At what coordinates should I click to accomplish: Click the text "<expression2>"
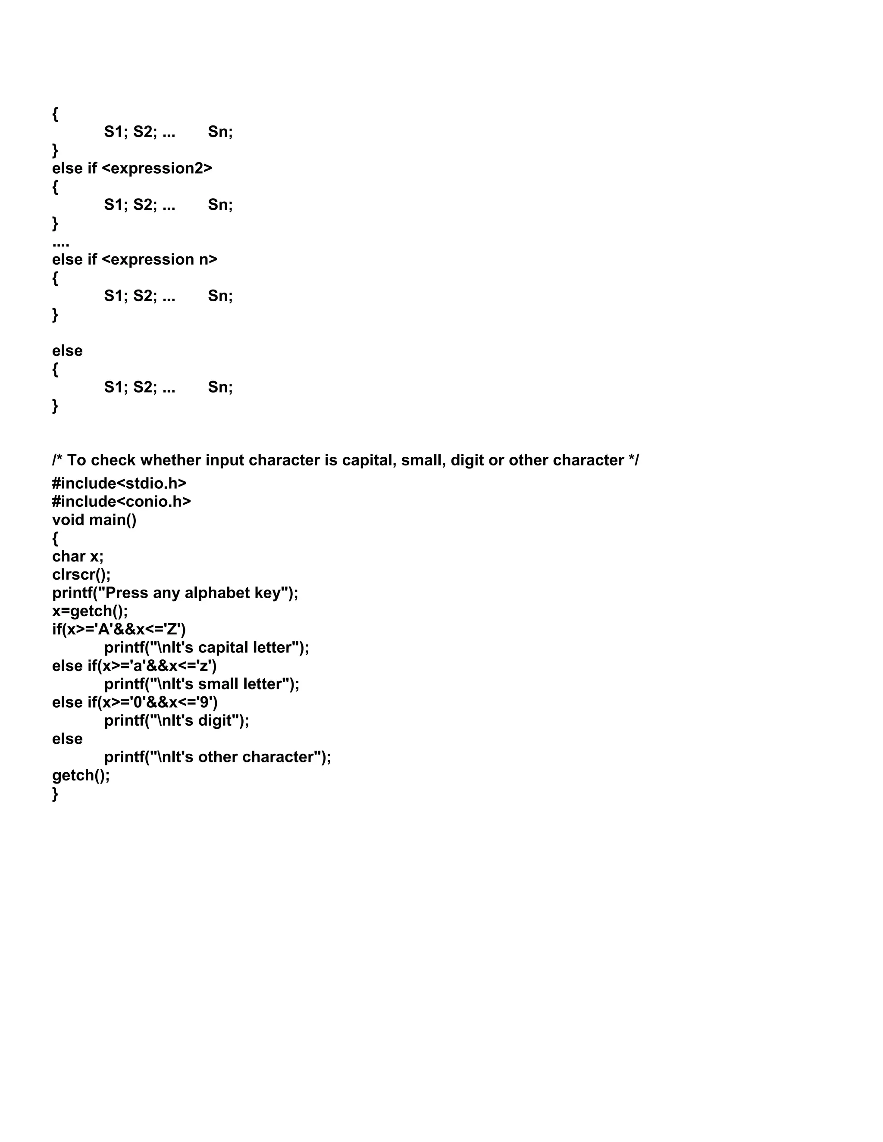(x=157, y=168)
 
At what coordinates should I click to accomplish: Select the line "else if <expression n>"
(x=135, y=259)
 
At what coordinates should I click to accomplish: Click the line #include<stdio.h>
(x=119, y=483)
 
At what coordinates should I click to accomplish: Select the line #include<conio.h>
(x=121, y=502)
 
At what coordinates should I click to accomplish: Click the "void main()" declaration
(x=94, y=520)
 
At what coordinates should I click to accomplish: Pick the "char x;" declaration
(x=78, y=556)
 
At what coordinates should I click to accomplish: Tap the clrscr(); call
(x=81, y=574)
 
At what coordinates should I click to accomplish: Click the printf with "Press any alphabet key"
(x=175, y=593)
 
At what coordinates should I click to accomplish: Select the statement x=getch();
(x=89, y=611)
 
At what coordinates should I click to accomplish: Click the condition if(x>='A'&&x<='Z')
(x=119, y=630)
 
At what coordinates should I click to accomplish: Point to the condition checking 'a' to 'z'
(x=135, y=666)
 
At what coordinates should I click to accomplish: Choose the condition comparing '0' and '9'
(x=135, y=702)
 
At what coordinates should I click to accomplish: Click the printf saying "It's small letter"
(x=201, y=684)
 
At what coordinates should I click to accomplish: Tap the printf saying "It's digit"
(x=176, y=721)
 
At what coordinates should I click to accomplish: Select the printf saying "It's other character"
(x=217, y=757)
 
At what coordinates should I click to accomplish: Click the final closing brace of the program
(x=55, y=794)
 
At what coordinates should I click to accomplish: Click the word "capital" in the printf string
(x=223, y=648)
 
